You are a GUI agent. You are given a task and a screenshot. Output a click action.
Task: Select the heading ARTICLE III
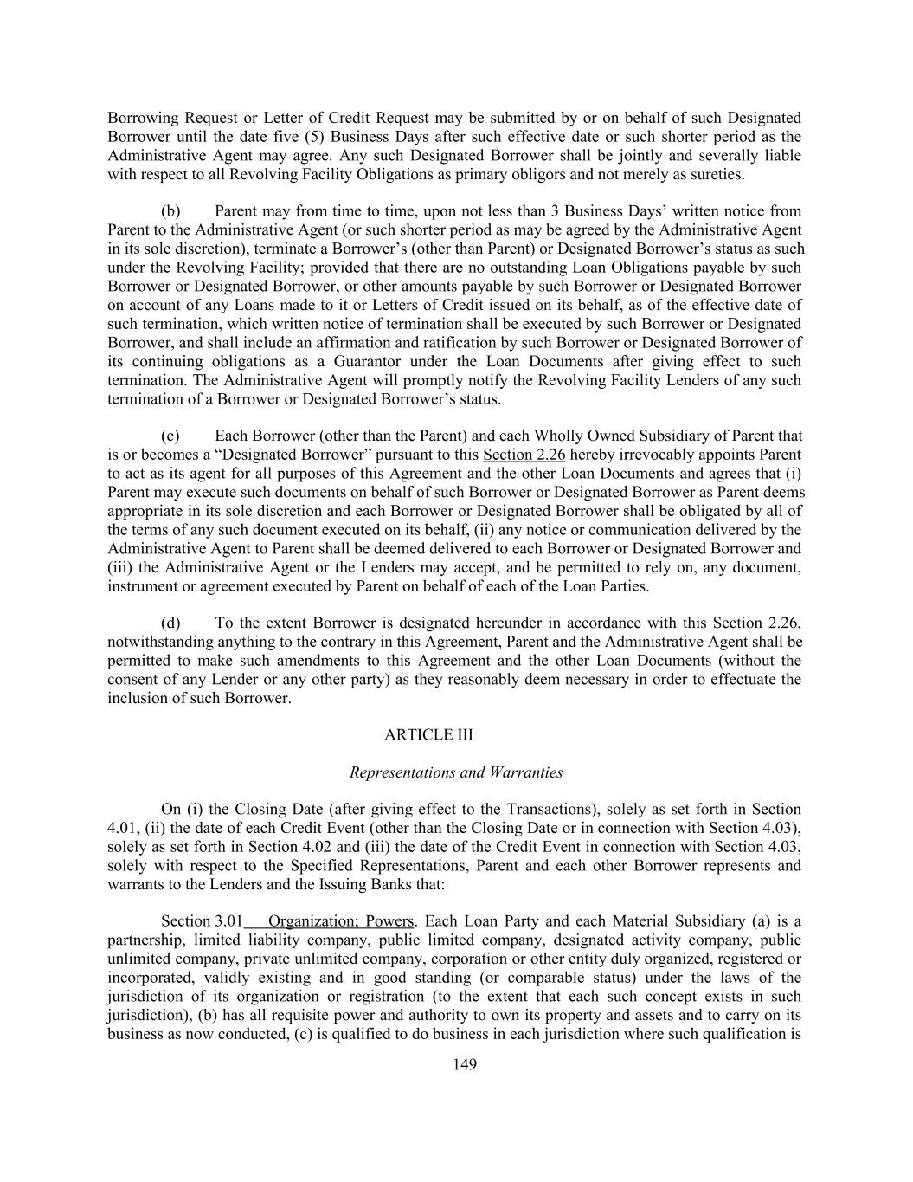(429, 735)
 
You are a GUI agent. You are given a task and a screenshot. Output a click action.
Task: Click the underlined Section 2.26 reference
(524, 455)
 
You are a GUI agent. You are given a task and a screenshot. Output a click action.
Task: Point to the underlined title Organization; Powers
(341, 920)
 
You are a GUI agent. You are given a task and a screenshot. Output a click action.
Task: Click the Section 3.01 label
(202, 920)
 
